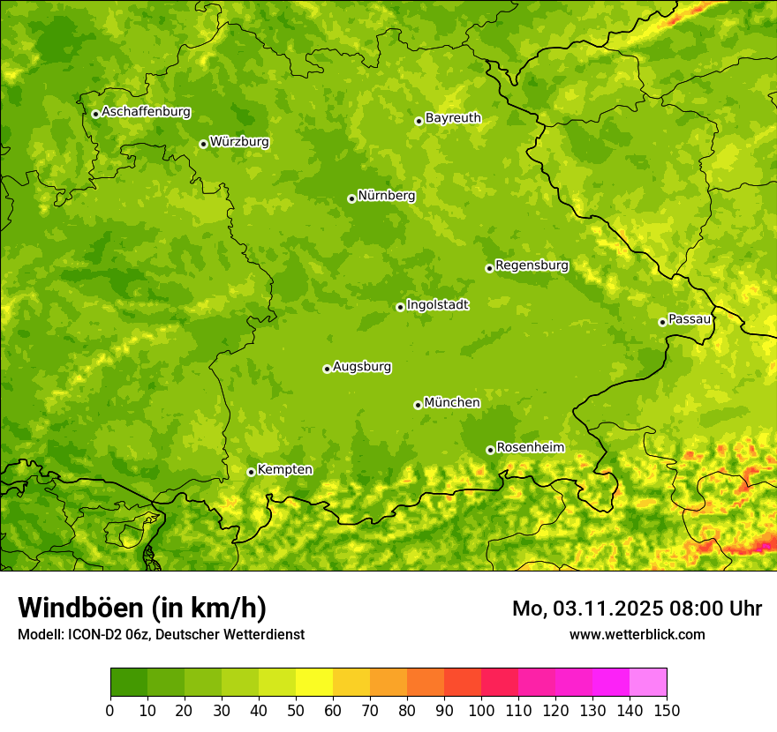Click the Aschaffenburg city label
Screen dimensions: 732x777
[x=146, y=112]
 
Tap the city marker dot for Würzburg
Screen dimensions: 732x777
[x=203, y=144]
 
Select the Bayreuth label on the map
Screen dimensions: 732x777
[x=453, y=118]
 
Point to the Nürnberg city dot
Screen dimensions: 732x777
[x=351, y=198]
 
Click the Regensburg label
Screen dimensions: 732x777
[x=532, y=265]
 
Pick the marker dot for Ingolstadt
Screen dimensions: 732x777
[x=400, y=307]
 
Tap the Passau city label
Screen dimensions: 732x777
[x=689, y=319]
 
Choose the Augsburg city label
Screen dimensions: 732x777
[x=362, y=367]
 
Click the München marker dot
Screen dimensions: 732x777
[x=418, y=405]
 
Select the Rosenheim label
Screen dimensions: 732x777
[x=530, y=448]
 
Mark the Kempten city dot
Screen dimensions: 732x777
[x=251, y=472]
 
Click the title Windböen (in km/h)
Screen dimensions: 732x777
[x=142, y=609]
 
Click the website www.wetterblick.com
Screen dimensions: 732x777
[x=637, y=634]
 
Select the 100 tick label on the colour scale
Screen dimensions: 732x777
[x=481, y=710]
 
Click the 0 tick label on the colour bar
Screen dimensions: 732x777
[x=110, y=710]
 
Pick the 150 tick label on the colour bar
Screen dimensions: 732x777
[x=667, y=710]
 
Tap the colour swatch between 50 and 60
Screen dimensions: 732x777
[x=314, y=683]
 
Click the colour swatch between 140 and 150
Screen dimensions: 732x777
[x=648, y=683]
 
